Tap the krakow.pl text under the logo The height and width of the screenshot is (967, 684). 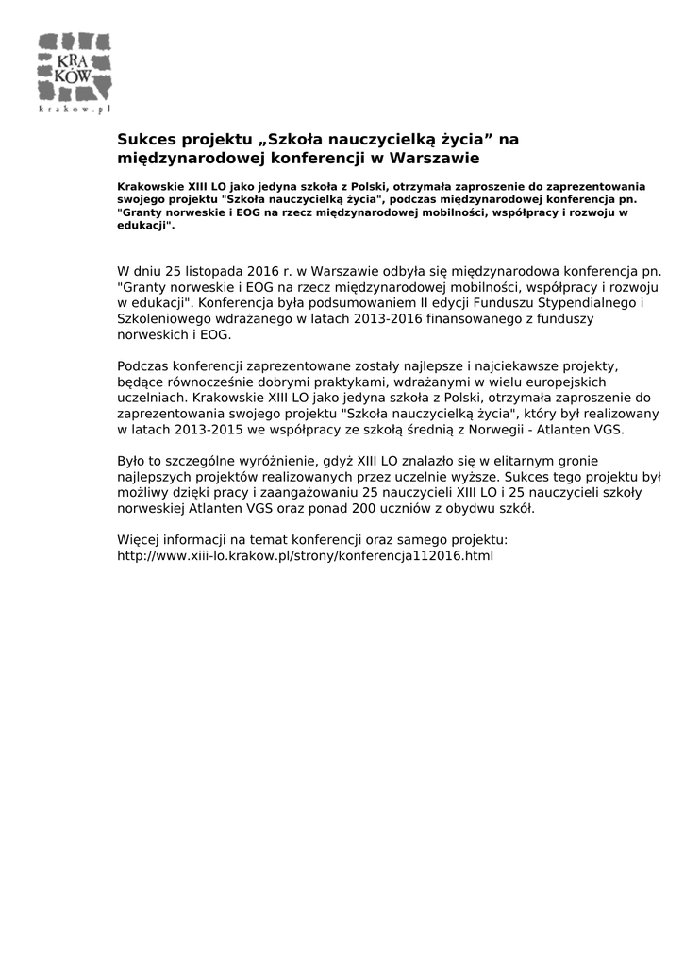pyautogui.click(x=75, y=110)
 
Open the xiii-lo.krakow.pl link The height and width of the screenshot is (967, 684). pyautogui.click(x=305, y=556)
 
